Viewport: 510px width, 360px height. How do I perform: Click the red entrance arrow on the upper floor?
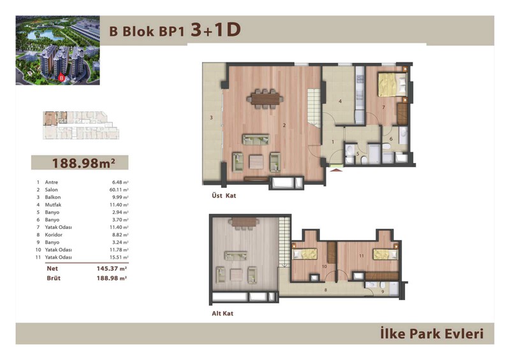point(337,169)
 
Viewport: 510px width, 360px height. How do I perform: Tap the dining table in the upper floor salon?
point(265,99)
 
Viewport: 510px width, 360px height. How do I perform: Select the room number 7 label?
point(384,107)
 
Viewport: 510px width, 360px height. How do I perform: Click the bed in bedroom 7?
point(393,85)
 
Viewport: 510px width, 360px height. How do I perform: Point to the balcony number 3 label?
point(211,117)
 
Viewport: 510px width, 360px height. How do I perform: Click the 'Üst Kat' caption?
point(224,196)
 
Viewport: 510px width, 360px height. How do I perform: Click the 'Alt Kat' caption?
point(222,313)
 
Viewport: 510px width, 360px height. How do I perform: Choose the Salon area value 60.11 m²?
point(119,190)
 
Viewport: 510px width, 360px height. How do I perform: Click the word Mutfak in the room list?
point(53,205)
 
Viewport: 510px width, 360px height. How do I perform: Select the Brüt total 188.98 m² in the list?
point(112,278)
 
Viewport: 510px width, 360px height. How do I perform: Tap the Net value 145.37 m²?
point(112,269)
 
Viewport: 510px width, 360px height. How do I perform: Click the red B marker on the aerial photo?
point(61,78)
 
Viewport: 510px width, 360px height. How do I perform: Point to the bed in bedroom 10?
point(305,254)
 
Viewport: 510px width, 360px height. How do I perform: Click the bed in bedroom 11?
point(386,254)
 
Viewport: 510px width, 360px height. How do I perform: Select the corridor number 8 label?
point(326,290)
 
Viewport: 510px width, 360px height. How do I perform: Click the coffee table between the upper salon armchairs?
point(256,162)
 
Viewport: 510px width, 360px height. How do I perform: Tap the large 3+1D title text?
point(215,30)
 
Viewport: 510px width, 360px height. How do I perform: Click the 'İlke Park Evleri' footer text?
point(432,334)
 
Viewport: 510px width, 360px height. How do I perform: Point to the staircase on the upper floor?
point(314,108)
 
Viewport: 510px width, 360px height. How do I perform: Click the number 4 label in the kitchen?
point(340,101)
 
